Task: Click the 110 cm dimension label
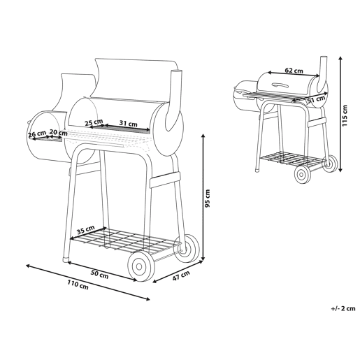click(x=78, y=285)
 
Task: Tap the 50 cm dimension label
click(x=99, y=274)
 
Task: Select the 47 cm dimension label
click(x=181, y=275)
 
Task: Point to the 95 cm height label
click(x=207, y=199)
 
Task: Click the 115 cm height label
click(x=345, y=116)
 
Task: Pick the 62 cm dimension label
click(x=294, y=70)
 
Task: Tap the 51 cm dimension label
click(x=316, y=99)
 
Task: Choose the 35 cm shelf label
click(x=86, y=230)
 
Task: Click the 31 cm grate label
click(x=128, y=123)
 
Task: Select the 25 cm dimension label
click(x=94, y=122)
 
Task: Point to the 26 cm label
click(x=37, y=134)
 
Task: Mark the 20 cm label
click(x=58, y=133)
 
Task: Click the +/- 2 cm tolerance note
click(x=343, y=308)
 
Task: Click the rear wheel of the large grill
click(x=187, y=248)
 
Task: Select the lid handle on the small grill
click(x=280, y=85)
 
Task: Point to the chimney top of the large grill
click(x=177, y=71)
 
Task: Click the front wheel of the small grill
click(x=303, y=175)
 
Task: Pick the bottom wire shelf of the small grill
click(x=292, y=159)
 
